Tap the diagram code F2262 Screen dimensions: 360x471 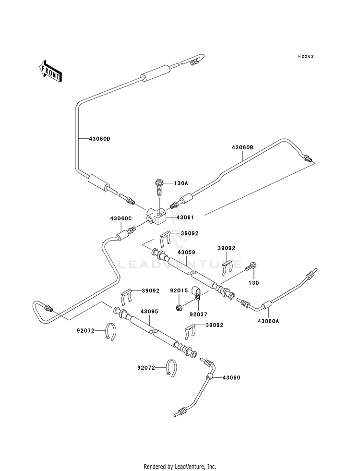tap(306, 56)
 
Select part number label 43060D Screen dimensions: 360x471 tap(100, 139)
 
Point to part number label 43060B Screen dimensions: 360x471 tap(242, 147)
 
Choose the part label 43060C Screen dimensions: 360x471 tap(120, 218)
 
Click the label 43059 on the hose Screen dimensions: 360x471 tap(186, 253)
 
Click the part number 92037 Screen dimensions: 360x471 tap(199, 314)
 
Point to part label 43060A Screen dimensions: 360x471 tap(268, 321)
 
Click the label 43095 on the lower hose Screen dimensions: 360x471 tap(149, 312)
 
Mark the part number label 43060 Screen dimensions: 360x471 tap(231, 377)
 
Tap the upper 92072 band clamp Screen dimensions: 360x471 tap(111, 332)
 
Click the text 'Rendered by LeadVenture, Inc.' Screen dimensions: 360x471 tap(180, 467)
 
